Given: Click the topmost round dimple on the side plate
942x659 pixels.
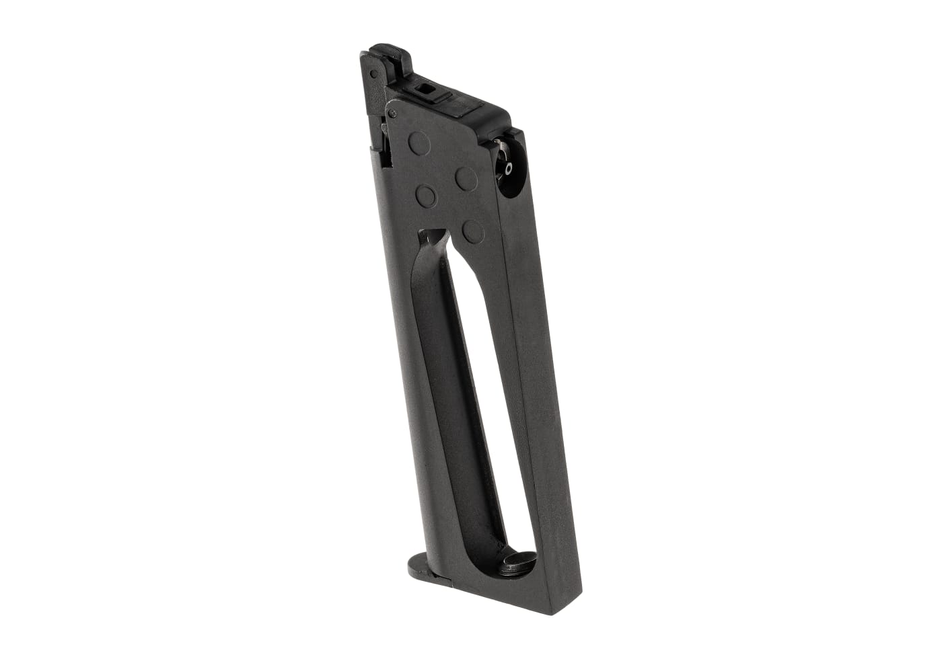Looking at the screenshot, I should (419, 141).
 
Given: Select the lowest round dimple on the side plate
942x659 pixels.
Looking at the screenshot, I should (474, 231).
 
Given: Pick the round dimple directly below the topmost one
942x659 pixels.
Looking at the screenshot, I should (426, 196).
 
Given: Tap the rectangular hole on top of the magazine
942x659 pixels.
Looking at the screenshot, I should (425, 87).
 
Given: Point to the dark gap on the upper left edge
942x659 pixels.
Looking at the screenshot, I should (385, 145).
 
